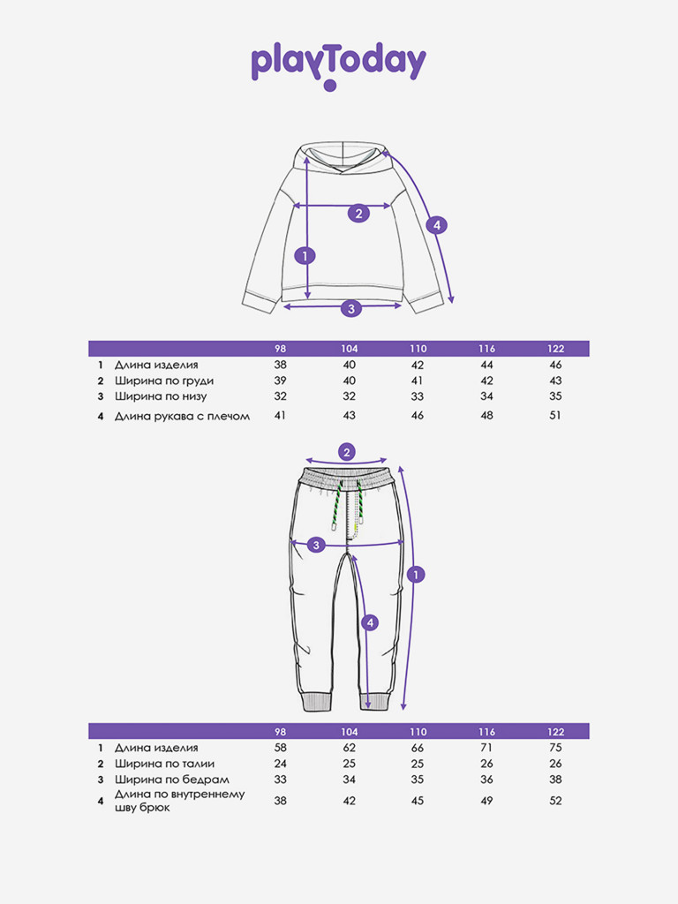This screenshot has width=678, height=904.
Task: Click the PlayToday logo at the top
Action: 338,65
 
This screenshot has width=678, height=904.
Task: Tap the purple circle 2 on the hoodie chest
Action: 358,214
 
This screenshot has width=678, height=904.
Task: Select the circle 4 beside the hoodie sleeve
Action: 436,225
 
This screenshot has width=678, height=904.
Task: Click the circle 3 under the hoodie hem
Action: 351,308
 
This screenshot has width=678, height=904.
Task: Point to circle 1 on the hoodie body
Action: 305,255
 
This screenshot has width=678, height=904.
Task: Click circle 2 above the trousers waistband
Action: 346,452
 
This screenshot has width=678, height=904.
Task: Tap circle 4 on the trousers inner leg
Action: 370,622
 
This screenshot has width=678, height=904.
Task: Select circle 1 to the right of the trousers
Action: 416,574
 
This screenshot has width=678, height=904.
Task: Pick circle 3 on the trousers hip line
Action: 316,545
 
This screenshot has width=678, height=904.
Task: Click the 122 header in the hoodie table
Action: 556,349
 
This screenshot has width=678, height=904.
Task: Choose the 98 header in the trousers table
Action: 280,732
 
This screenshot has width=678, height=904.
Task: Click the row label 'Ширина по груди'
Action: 164,381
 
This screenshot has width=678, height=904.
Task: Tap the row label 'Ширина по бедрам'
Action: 172,780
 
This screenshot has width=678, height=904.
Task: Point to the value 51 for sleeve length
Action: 555,415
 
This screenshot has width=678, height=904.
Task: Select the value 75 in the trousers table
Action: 555,748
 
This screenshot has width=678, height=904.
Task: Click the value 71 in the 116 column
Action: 486,748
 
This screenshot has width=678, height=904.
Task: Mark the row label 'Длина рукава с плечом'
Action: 182,416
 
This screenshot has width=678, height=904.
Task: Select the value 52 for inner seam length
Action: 555,801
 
